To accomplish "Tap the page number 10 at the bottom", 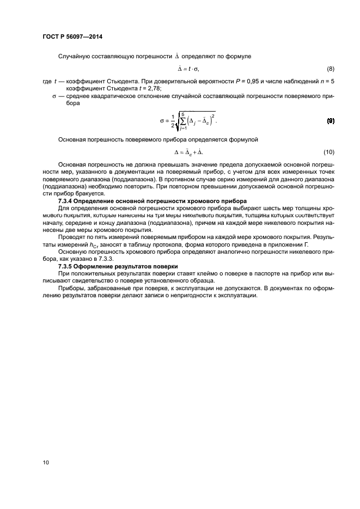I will click(46, 462).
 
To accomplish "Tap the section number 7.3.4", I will click(68, 201).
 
